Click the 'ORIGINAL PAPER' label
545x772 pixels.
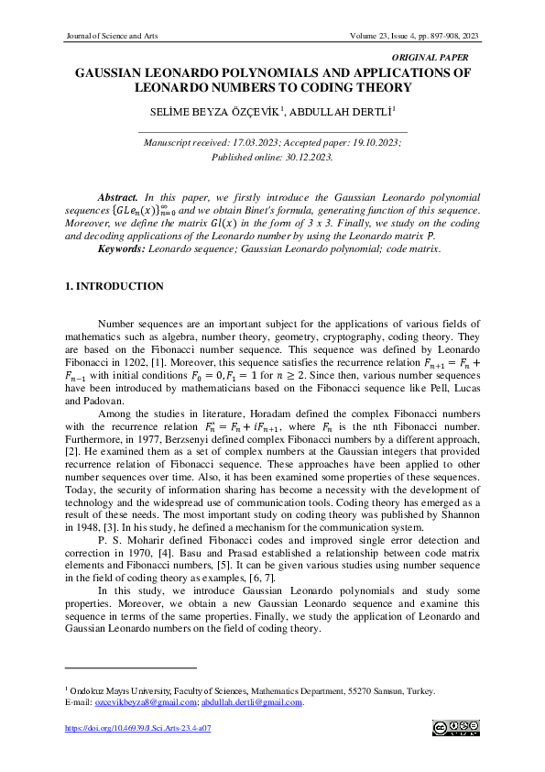click(x=441, y=57)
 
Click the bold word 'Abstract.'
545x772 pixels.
click(x=118, y=197)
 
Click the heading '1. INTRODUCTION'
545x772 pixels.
click(x=114, y=287)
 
